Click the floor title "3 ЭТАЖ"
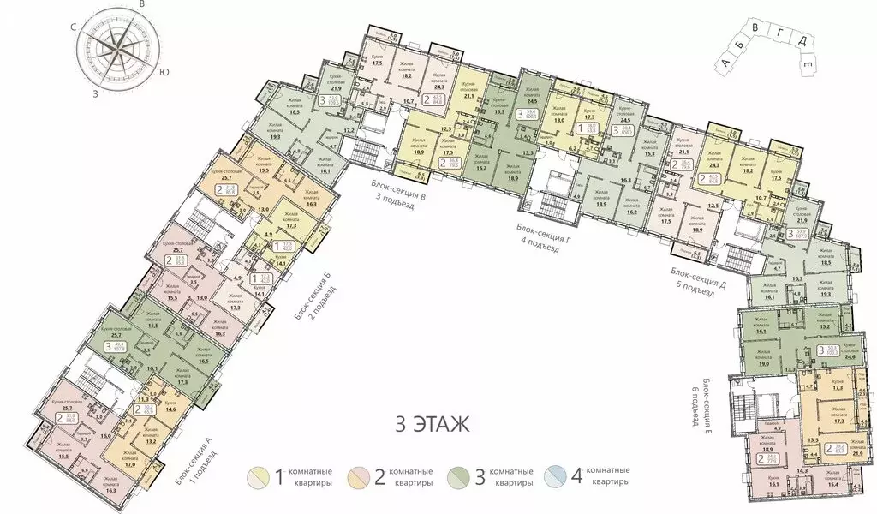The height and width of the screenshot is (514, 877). [431, 424]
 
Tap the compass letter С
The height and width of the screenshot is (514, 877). [75, 28]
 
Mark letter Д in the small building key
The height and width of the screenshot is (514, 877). [796, 41]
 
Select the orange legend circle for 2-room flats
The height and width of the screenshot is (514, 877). [358, 476]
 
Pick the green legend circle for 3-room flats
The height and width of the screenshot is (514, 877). [459, 476]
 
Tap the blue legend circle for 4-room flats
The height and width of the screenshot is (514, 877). [563, 476]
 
